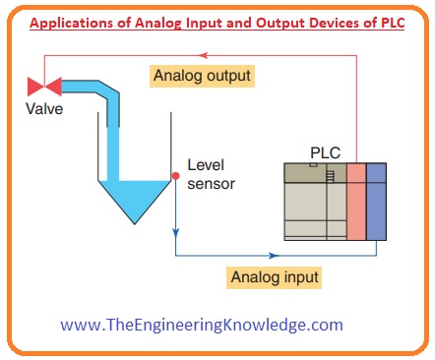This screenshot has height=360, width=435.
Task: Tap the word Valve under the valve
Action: [45, 109]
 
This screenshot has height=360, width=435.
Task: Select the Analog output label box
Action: [200, 74]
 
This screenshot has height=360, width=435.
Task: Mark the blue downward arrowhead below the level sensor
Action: [174, 235]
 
